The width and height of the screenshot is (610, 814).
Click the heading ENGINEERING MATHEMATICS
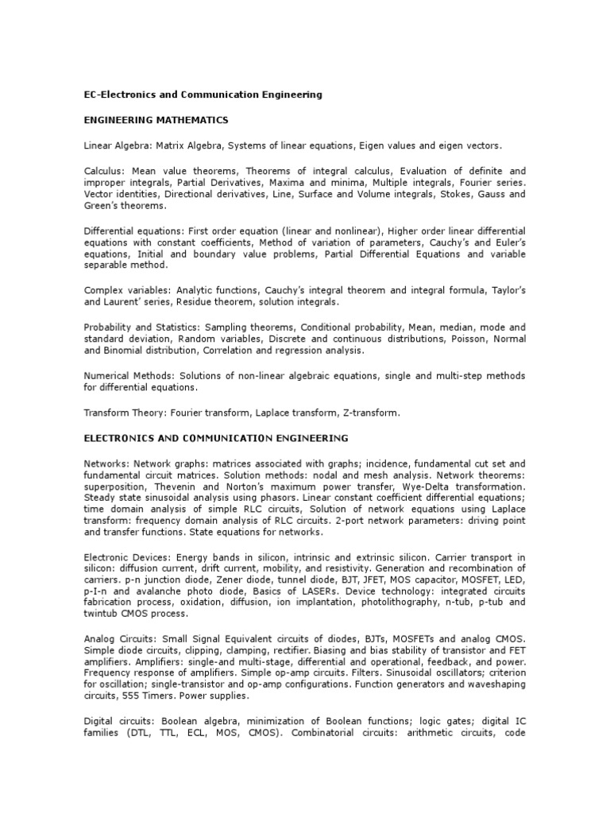[156, 120]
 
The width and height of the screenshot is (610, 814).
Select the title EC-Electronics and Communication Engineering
[203, 95]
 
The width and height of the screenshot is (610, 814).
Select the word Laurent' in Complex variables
[125, 303]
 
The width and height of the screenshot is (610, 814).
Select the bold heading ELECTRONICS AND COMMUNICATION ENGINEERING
[216, 438]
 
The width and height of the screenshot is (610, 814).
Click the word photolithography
[384, 603]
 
